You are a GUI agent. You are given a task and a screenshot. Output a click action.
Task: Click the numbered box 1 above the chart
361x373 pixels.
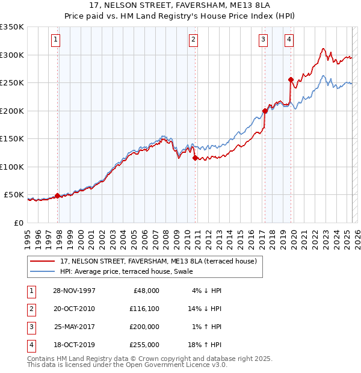(55, 40)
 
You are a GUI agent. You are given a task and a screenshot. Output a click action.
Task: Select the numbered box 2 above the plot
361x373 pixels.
(193, 40)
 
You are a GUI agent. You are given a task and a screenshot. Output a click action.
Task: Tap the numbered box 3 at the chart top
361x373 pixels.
(264, 40)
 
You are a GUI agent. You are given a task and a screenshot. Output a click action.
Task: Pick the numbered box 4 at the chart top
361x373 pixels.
(289, 40)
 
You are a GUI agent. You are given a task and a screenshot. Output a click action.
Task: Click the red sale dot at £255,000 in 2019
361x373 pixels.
(291, 79)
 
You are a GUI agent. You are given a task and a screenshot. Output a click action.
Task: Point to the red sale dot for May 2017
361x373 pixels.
(265, 111)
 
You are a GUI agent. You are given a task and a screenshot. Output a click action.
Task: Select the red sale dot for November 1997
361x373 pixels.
(58, 196)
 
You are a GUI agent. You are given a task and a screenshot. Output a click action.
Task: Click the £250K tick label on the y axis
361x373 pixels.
(12, 83)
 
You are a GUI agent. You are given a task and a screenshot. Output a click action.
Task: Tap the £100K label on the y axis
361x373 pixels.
(12, 167)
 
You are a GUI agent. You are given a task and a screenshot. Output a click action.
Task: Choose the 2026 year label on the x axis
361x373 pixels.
(356, 235)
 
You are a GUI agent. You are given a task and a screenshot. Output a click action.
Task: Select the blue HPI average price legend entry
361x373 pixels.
(126, 271)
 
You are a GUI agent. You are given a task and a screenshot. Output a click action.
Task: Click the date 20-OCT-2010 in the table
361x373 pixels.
(74, 308)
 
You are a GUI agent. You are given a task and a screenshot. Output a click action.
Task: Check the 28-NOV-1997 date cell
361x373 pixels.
(74, 290)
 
